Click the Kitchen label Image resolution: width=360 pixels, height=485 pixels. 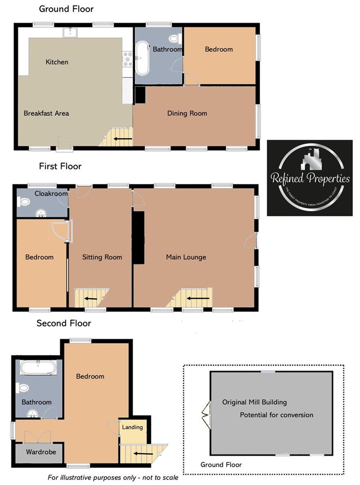pos(57,62)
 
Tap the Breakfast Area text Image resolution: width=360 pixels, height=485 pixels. pos(46,113)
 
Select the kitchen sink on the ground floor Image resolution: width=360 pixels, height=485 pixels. pos(70,32)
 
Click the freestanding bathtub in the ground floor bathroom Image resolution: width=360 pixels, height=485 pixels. pos(143,58)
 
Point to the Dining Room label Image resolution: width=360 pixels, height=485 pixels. pos(187,113)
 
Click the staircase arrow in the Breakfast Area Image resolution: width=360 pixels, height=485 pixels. pos(123,139)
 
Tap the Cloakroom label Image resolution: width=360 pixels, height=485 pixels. pos(51,194)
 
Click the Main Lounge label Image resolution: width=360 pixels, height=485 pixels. pos(186,257)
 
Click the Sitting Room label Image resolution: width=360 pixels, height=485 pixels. pos(102,257)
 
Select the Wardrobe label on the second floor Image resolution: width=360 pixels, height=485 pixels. pos(41,452)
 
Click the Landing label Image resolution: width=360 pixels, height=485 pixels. pos(132,427)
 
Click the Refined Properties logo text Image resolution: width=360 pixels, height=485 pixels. pos(310,178)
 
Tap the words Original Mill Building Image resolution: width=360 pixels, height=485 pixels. pos(254,402)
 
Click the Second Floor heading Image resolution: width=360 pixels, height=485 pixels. pos(64,323)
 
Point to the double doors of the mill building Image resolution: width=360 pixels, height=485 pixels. pos(207,414)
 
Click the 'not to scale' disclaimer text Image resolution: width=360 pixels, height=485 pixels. pos(113,477)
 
